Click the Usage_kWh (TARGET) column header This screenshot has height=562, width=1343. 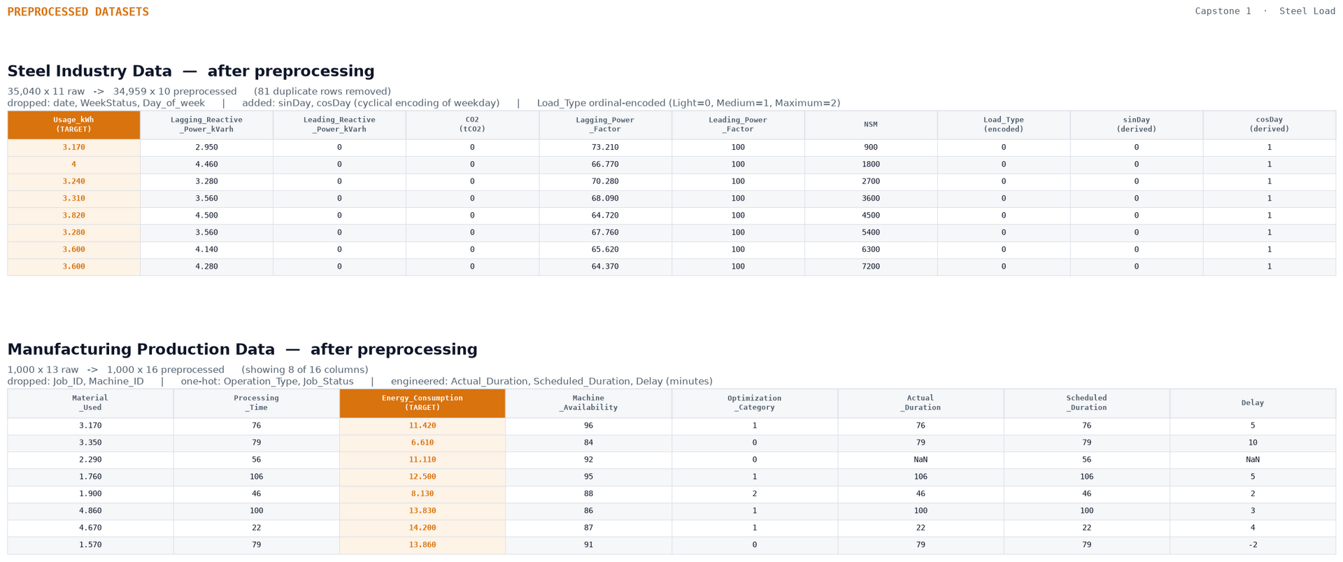(x=73, y=125)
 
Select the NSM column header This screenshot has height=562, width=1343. (x=871, y=125)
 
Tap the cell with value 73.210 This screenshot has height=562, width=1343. (x=605, y=148)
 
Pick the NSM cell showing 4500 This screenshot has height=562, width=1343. (x=871, y=216)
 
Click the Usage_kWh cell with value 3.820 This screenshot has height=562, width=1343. (x=73, y=216)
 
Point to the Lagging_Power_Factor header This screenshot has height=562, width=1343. (x=605, y=125)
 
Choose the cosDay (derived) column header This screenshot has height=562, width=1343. (x=1270, y=125)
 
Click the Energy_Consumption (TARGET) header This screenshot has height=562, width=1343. (x=422, y=403)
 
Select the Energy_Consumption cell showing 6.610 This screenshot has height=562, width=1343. (x=422, y=443)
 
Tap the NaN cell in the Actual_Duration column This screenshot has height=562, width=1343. (x=921, y=460)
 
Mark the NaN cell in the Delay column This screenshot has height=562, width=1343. (x=1253, y=460)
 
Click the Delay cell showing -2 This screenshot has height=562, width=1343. (x=1253, y=545)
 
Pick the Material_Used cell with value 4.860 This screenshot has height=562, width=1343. (x=90, y=511)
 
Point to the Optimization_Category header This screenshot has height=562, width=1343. (x=755, y=403)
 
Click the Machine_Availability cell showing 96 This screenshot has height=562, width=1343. (x=588, y=426)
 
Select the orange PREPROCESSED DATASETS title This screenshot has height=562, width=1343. (x=78, y=12)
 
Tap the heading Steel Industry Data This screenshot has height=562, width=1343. (x=90, y=71)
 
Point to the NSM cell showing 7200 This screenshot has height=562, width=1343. (x=871, y=267)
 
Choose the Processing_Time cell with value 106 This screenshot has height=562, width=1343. (x=257, y=477)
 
